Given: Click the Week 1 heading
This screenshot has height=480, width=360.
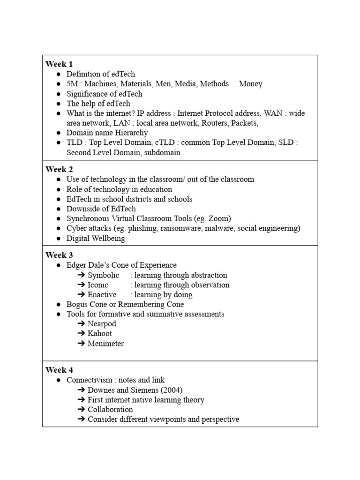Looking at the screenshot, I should click(59, 64).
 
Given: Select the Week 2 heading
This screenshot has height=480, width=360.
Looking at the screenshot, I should click(59, 170).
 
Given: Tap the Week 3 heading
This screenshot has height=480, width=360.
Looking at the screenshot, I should click(59, 255).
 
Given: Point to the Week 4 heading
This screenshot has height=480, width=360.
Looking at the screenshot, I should click(59, 370).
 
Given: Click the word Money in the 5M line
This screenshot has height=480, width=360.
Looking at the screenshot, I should click(250, 84).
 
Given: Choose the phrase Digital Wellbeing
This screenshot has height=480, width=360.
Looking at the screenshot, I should click(96, 238).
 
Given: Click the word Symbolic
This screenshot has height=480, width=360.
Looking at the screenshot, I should click(103, 275).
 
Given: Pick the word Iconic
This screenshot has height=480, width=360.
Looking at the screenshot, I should click(97, 285).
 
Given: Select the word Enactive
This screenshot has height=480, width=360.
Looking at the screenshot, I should click(102, 295).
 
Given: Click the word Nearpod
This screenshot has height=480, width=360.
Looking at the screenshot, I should click(102, 324).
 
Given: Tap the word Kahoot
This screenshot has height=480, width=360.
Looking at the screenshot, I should click(100, 334).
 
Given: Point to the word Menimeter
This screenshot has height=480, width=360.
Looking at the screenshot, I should click(105, 344).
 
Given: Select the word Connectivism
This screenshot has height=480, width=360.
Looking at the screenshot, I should click(89, 380).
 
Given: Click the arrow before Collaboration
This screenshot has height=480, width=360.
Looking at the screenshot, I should click(81, 410).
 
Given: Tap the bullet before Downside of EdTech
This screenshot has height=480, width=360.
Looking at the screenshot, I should click(58, 209).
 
